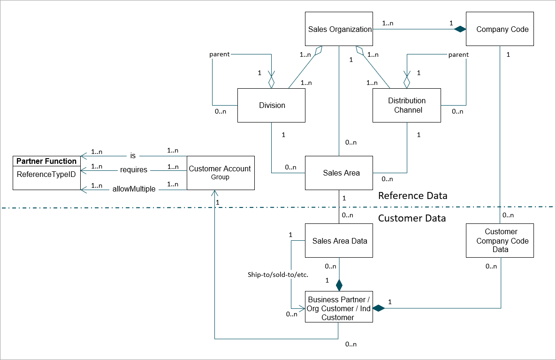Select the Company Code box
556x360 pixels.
[500, 29]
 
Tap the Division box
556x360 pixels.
[272, 105]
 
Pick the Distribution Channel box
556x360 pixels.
[407, 105]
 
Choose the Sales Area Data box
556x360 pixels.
[339, 241]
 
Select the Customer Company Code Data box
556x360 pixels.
[500, 241]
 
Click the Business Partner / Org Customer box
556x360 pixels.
[339, 308]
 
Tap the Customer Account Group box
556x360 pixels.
[221, 173]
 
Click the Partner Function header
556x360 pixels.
[46, 161]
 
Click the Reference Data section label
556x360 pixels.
[412, 195]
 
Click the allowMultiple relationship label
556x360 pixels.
[134, 189]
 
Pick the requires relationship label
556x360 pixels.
[134, 169]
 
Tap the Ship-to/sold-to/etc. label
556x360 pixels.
[278, 274]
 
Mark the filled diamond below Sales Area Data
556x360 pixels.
[339, 284]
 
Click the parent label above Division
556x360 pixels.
[219, 54]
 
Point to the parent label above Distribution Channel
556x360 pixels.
[458, 54]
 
